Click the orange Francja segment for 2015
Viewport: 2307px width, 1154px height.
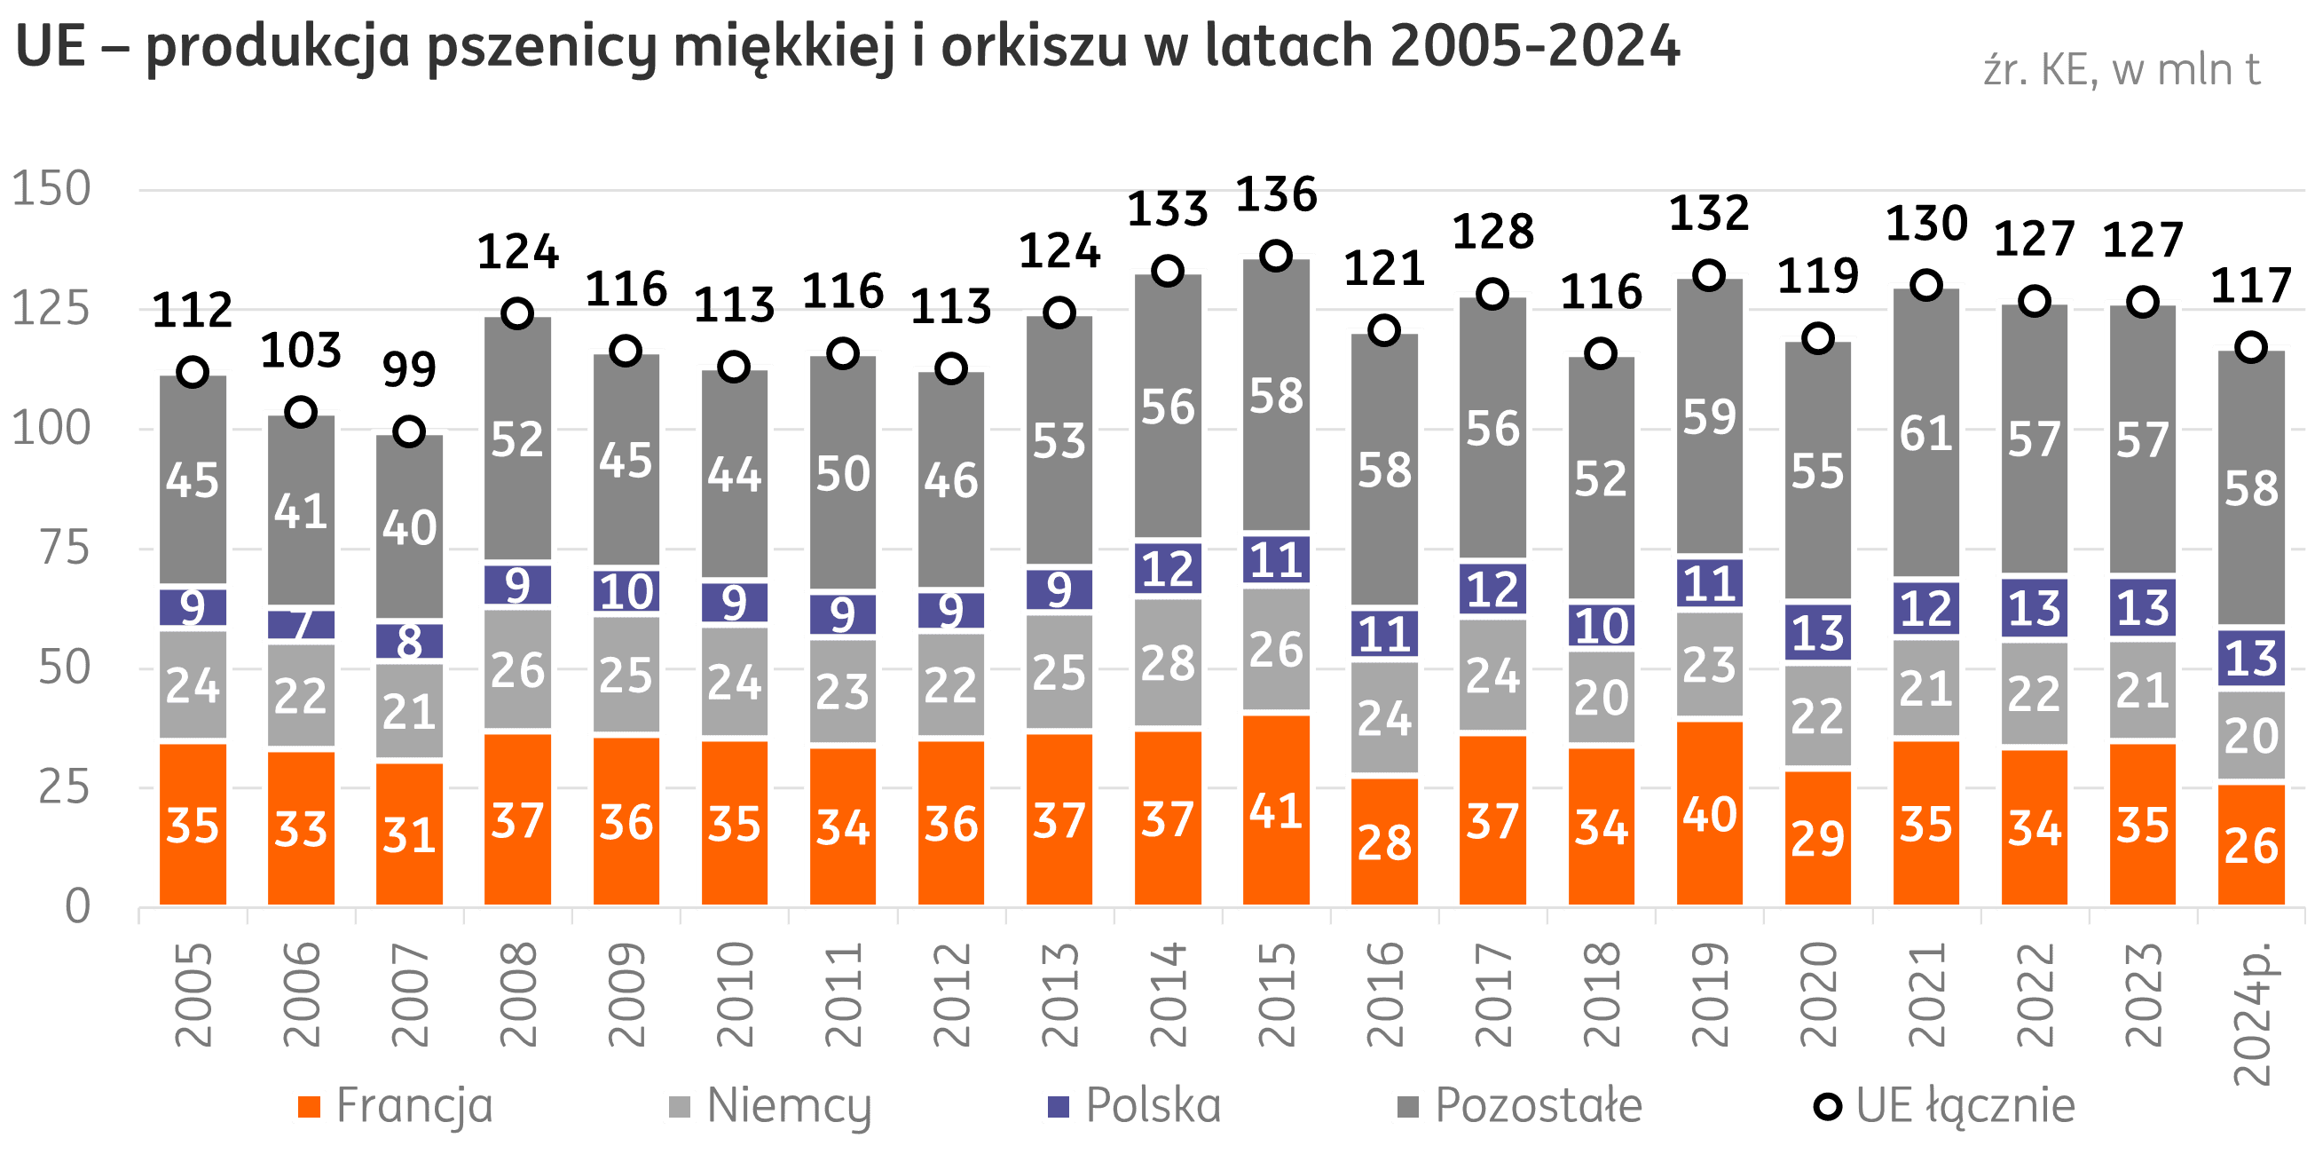coord(1276,810)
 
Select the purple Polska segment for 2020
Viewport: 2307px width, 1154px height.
coord(1818,633)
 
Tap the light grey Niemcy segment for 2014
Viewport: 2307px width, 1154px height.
coord(1168,663)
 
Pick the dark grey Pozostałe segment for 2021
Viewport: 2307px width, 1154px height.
coord(1926,434)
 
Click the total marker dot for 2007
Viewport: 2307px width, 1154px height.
coord(409,431)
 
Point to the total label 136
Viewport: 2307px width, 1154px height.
coord(1276,195)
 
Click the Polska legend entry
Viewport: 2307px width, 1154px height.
coord(1133,1107)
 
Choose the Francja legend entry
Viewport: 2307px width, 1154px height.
coord(393,1107)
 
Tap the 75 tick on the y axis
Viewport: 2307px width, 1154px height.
coord(65,549)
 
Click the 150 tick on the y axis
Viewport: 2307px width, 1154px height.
coord(52,189)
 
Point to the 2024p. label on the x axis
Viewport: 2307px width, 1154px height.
coord(2251,1013)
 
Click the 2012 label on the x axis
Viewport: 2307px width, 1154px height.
coord(951,994)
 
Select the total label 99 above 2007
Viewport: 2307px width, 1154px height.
coord(409,369)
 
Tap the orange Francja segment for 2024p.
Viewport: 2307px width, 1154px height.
coord(2251,846)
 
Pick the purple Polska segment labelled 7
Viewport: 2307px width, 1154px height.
coord(301,624)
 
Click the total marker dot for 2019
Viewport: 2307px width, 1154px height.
coord(1710,275)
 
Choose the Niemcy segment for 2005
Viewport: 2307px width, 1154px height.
coord(193,686)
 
